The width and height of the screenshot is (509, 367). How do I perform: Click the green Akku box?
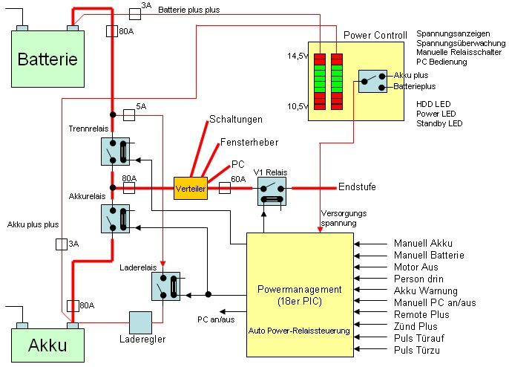(x=49, y=344)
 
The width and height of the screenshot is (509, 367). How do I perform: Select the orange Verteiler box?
(x=189, y=189)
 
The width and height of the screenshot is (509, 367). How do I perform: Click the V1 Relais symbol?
(x=272, y=192)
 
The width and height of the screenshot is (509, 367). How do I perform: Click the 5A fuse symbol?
(x=128, y=115)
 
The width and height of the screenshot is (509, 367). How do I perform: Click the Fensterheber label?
(x=245, y=142)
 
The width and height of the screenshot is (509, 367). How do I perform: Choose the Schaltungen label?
(x=236, y=119)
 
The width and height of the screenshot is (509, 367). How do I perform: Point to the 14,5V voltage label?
(x=297, y=56)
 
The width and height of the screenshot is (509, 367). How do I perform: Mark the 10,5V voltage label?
(x=297, y=106)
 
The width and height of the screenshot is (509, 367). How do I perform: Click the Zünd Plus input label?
(x=416, y=326)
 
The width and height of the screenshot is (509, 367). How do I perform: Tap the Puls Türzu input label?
(x=417, y=350)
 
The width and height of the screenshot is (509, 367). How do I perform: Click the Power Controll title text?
(x=375, y=35)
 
